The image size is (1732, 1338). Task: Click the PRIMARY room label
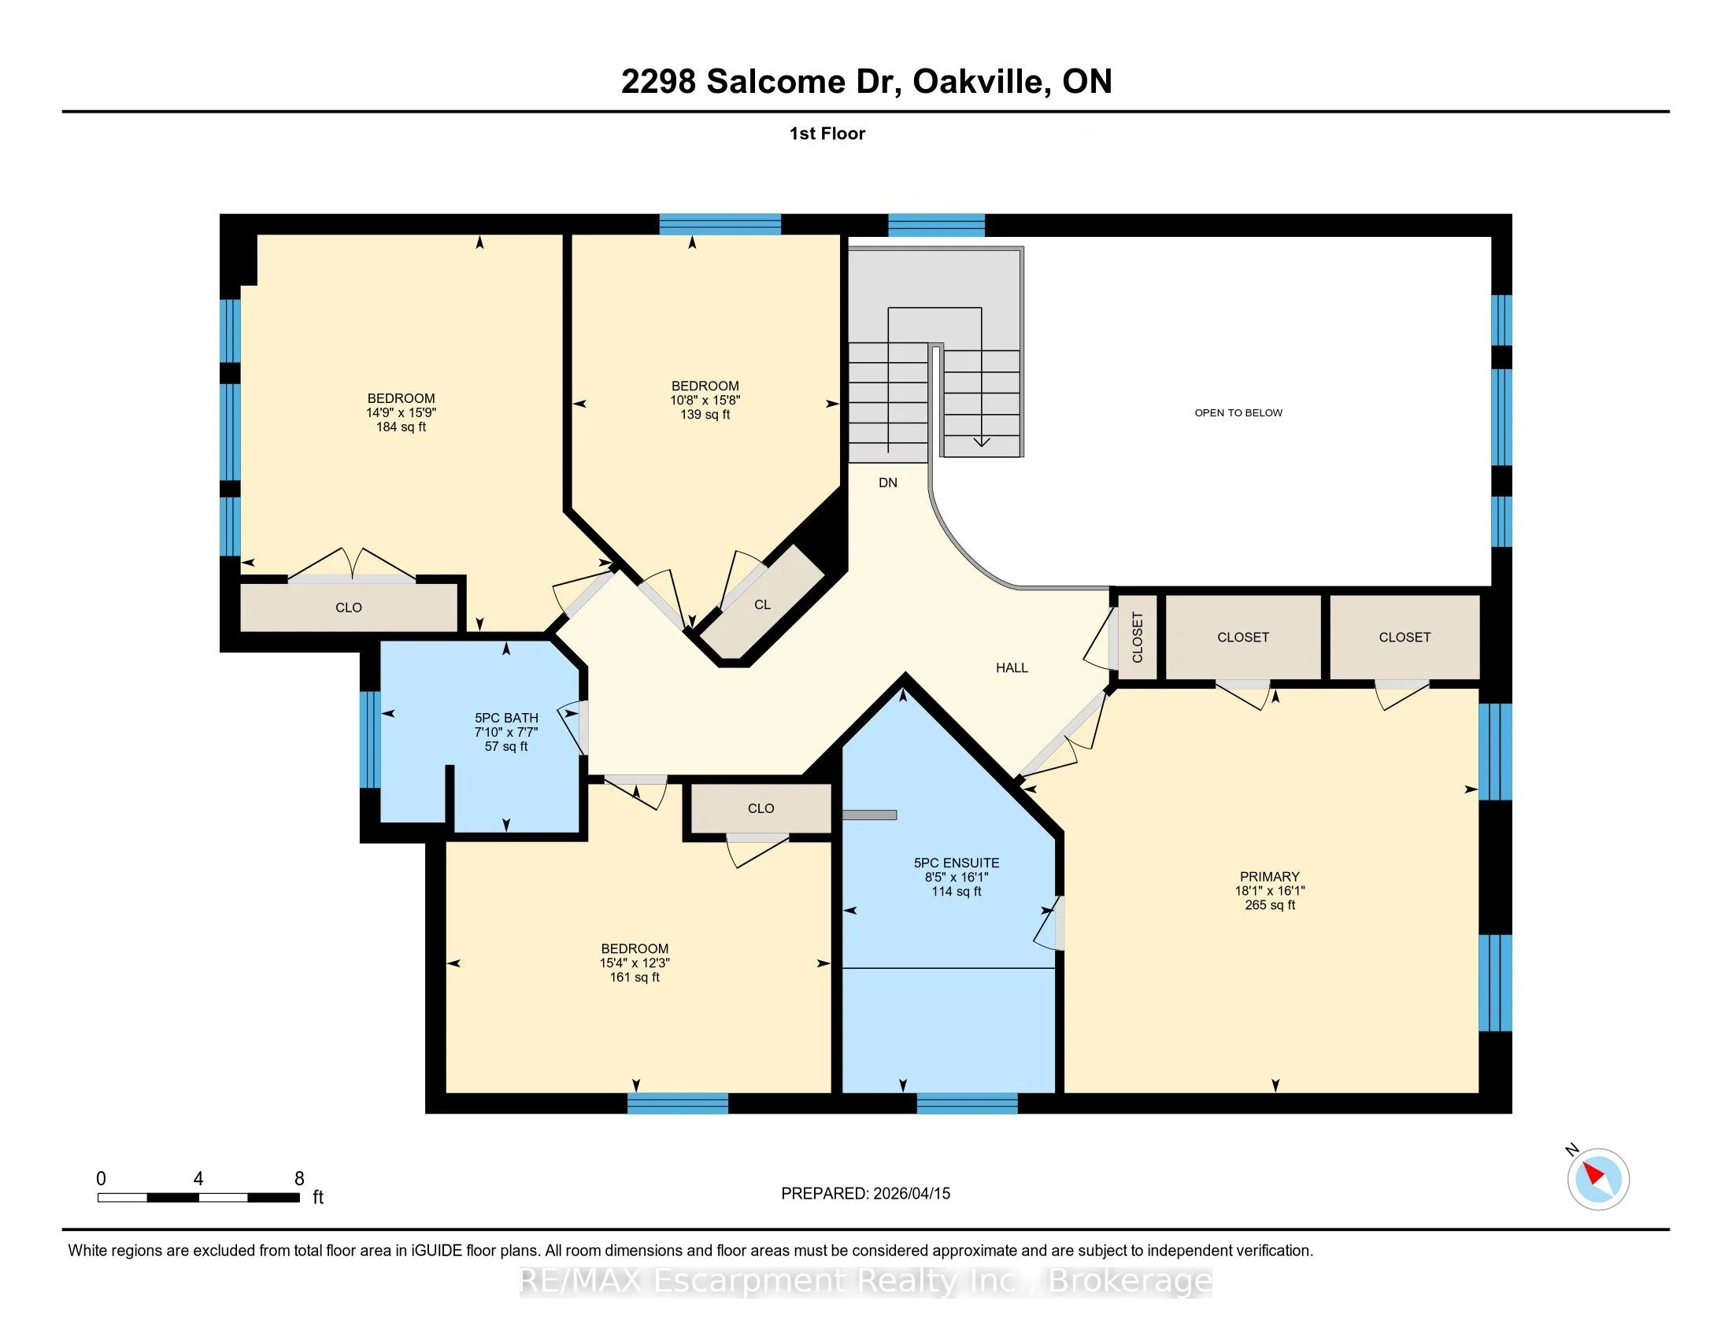(x=1270, y=877)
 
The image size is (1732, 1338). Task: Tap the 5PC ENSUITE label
(x=957, y=863)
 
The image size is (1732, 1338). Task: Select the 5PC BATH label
(x=506, y=718)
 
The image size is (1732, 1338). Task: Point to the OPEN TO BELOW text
(x=1238, y=413)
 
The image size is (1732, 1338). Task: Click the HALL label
(x=1012, y=668)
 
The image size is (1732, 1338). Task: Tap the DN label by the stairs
(x=888, y=482)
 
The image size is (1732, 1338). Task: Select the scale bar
(x=198, y=1198)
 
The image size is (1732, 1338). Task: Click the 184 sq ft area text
(x=402, y=427)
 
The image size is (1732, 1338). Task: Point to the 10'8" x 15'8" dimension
(x=705, y=401)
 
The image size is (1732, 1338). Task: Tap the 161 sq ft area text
(x=635, y=978)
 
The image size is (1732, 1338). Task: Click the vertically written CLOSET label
(x=1138, y=638)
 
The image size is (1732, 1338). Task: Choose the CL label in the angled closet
(x=762, y=604)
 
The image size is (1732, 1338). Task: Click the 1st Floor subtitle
(x=827, y=134)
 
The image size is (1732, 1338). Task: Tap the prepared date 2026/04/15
(x=911, y=1194)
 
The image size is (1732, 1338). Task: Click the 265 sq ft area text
(x=1270, y=905)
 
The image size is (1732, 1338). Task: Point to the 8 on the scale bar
(x=299, y=1179)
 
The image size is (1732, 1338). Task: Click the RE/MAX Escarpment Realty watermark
(x=866, y=1281)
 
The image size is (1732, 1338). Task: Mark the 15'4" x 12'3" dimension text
(x=635, y=963)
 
